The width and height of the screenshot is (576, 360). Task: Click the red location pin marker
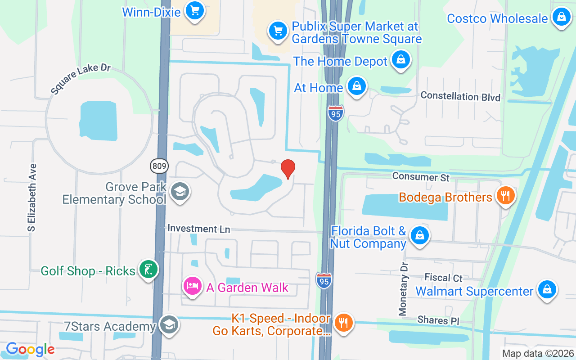click(288, 169)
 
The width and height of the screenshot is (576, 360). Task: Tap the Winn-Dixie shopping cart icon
click(195, 10)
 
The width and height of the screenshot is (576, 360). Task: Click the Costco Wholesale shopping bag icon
click(561, 17)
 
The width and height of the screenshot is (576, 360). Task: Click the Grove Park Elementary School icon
click(180, 192)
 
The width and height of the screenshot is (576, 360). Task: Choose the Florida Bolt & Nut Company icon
click(419, 235)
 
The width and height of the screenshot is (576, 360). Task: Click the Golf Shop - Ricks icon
click(148, 270)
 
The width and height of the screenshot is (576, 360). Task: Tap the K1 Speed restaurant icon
click(344, 322)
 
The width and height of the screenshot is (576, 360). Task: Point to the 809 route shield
click(159, 166)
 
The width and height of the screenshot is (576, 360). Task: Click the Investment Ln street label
click(198, 229)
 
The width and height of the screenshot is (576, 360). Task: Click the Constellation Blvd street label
click(460, 96)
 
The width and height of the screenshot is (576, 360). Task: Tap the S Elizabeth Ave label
click(31, 198)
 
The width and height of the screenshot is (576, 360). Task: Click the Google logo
click(30, 349)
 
